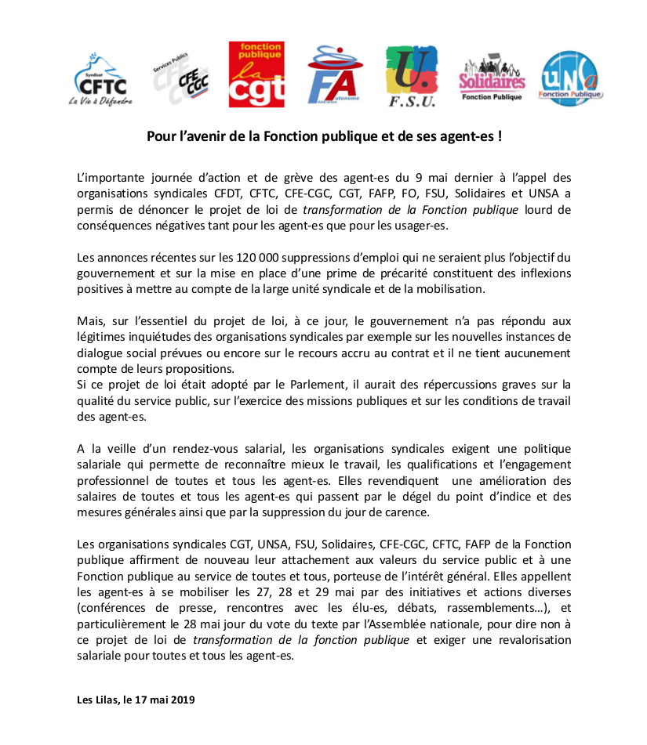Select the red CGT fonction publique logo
(256, 74)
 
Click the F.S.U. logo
(411, 77)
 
